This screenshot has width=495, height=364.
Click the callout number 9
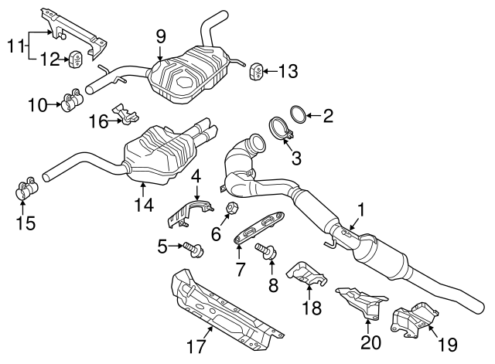point(160,35)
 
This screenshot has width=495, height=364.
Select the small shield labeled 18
point(305,272)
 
